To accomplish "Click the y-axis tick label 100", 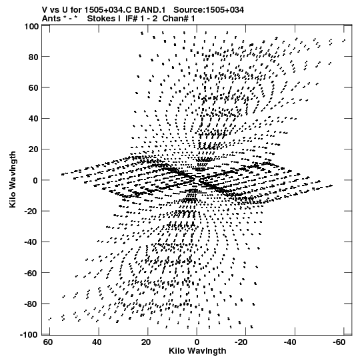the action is click(31, 27).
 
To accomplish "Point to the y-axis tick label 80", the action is click(33, 57).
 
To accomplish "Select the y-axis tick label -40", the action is click(31, 242).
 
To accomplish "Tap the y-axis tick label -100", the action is click(29, 334).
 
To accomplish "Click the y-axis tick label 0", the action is click(35, 180).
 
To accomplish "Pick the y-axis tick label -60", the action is click(31, 273).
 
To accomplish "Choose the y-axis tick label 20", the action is click(33, 149).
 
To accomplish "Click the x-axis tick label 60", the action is click(47, 342).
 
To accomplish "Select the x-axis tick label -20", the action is click(241, 342).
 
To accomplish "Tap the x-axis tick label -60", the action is click(339, 342).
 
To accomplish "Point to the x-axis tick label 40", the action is click(97, 342).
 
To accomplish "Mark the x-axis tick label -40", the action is click(290, 342).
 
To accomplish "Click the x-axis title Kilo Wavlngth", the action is click(197, 351).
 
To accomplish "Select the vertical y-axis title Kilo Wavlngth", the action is click(13, 179).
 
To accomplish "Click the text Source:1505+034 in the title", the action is click(209, 10).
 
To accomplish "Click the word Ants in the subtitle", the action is click(51, 19).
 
